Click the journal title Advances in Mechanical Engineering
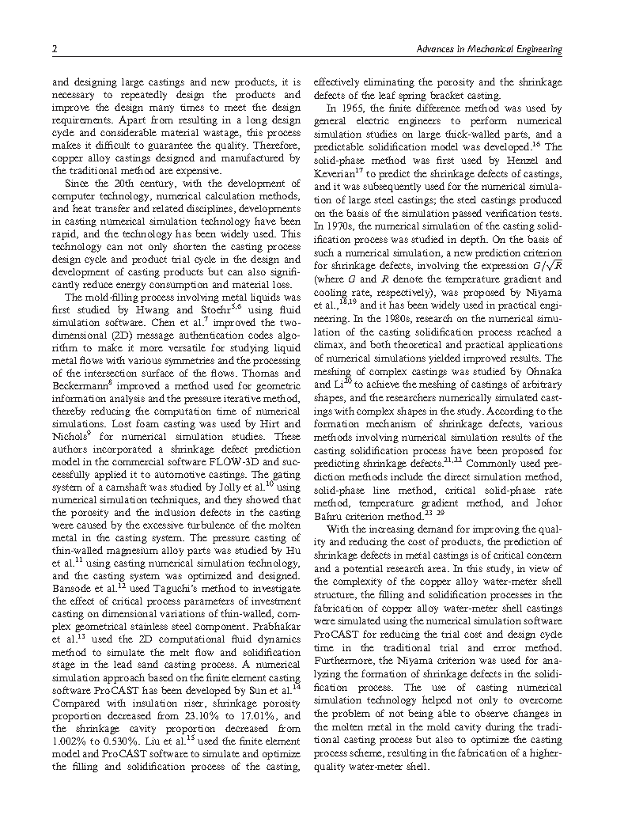point(489,50)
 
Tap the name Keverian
point(339,173)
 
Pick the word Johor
point(545,502)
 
